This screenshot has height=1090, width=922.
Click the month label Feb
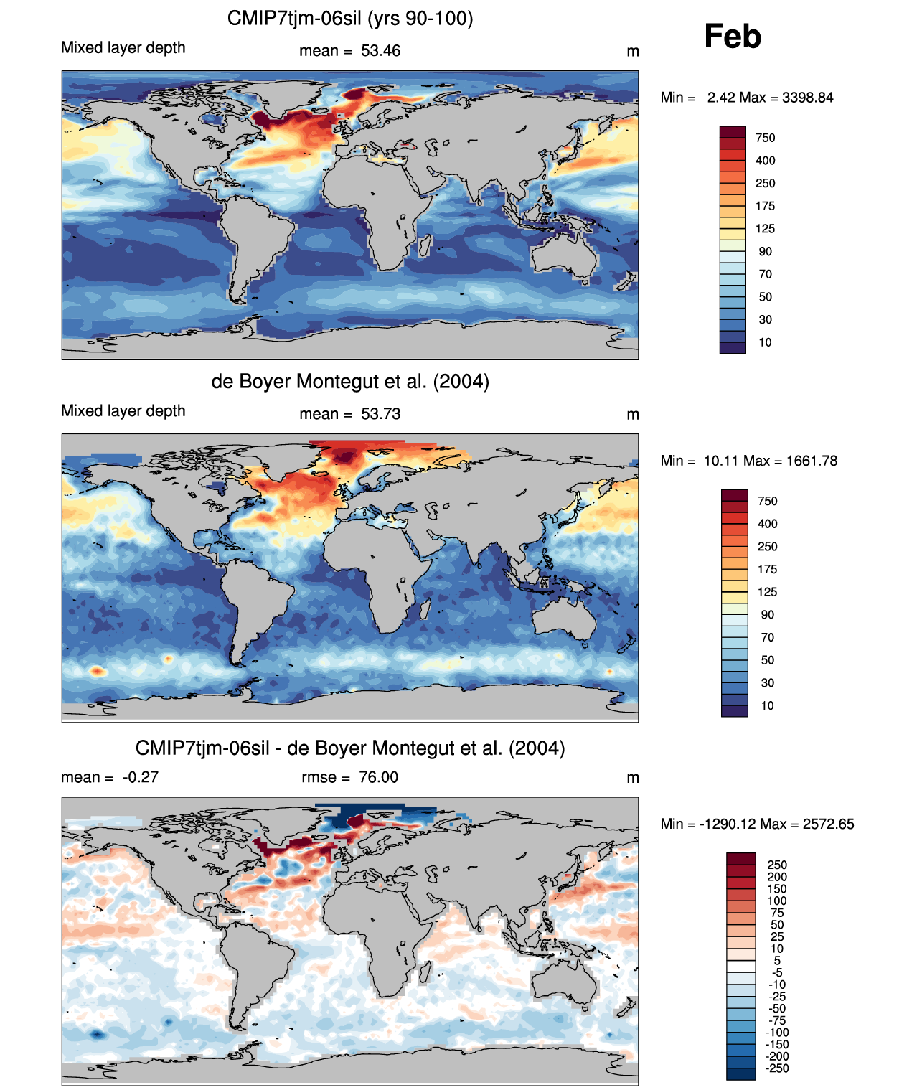pos(732,37)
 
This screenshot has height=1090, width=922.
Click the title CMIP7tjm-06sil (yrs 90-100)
pos(350,18)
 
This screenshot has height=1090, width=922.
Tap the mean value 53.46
pos(380,51)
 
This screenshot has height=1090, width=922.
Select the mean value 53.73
pos(380,414)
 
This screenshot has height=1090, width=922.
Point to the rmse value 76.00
pos(378,777)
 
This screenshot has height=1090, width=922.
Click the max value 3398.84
pos(807,98)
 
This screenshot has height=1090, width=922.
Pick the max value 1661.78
pos(812,461)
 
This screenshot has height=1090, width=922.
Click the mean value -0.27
pos(141,777)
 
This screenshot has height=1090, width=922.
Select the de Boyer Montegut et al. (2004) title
pos(350,381)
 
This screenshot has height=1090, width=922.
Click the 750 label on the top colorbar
pos(765,138)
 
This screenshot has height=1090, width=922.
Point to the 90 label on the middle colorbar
pos(767,615)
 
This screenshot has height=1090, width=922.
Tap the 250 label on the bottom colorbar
pos(777,865)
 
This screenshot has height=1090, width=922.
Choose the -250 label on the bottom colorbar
pos(777,1068)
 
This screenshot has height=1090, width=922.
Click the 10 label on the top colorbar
pos(765,342)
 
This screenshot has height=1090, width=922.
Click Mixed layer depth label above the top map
pos(123,47)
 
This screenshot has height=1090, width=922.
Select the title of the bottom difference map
pos(350,748)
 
